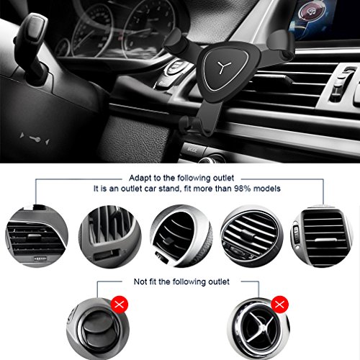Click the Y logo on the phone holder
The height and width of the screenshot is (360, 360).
(x=225, y=68)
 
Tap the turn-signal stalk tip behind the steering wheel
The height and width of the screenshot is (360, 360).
(x=33, y=27)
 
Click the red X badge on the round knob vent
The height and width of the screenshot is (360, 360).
(x=120, y=305)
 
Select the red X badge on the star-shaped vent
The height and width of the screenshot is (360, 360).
(x=279, y=305)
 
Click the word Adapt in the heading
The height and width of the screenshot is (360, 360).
(x=140, y=179)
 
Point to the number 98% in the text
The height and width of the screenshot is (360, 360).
(x=243, y=189)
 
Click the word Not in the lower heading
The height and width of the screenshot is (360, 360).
(x=140, y=282)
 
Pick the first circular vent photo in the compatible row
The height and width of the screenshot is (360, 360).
(x=37, y=236)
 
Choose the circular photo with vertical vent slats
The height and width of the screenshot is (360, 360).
(x=110, y=236)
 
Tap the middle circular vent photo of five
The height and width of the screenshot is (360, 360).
(x=181, y=236)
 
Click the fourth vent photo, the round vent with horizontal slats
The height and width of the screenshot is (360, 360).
(x=252, y=236)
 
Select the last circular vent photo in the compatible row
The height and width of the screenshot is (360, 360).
(x=322, y=236)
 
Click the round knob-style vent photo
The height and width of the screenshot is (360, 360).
(x=98, y=329)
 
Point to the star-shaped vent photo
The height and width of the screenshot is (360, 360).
(x=258, y=329)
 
